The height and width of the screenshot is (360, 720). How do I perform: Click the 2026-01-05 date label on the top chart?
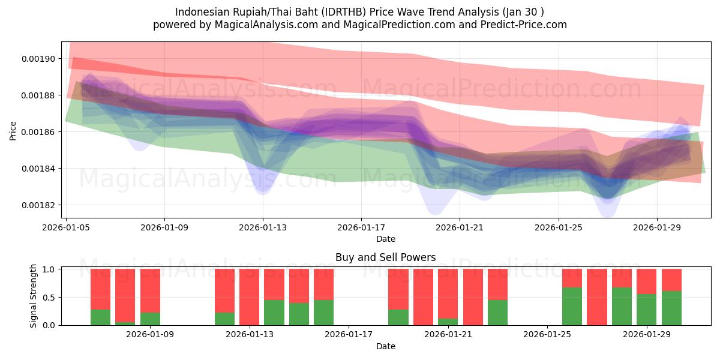[66, 228]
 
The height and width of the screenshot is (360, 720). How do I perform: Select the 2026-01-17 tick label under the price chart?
[361, 228]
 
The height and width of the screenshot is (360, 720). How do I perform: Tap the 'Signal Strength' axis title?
[34, 296]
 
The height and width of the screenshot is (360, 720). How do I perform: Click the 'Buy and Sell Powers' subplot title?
[385, 258]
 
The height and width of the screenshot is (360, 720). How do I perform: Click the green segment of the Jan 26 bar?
[572, 307]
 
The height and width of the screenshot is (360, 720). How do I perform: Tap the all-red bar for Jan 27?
[596, 297]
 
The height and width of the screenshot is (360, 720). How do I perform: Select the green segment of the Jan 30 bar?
[671, 308]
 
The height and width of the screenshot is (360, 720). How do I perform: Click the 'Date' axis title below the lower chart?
[385, 346]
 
